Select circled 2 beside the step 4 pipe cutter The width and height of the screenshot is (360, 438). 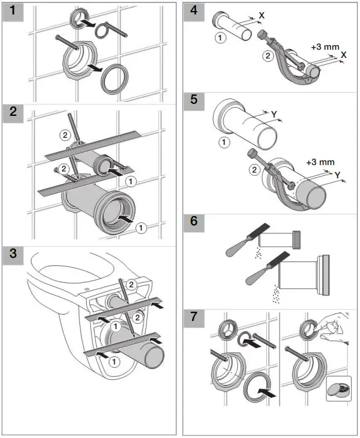(x=267, y=56)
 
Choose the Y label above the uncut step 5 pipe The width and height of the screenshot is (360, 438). (x=273, y=115)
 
